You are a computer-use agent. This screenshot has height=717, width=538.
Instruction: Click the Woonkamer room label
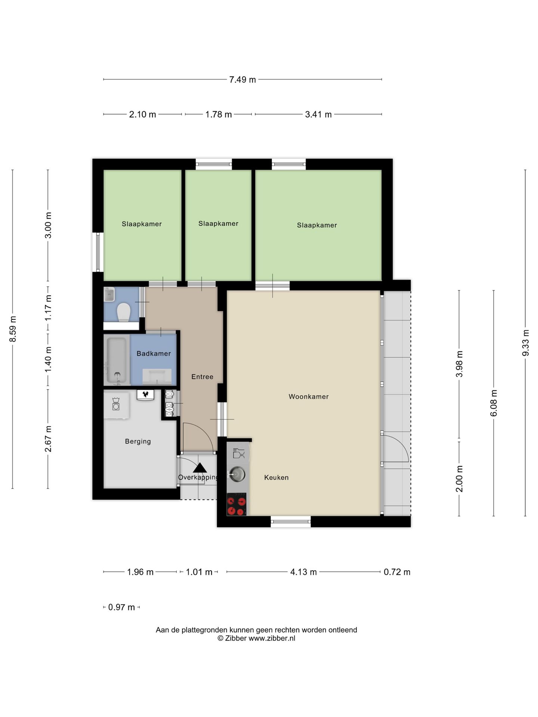[x=309, y=397]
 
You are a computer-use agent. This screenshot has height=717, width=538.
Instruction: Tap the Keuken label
[x=276, y=477]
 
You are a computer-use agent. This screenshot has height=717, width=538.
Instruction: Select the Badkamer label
[x=154, y=353]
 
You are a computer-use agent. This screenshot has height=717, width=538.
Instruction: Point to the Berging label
[x=138, y=441]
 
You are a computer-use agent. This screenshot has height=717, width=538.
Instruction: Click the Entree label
[x=202, y=377]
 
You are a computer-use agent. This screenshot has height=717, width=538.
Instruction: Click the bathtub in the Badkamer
[x=117, y=361]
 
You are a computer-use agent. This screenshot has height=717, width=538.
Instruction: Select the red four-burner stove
[x=236, y=505]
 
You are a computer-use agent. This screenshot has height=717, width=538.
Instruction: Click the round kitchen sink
[x=236, y=474]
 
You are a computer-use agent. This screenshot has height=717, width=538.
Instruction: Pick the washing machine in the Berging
[x=116, y=405]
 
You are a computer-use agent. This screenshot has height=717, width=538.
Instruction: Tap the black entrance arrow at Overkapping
[x=200, y=468]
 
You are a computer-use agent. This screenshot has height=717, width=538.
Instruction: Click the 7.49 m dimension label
[x=242, y=80]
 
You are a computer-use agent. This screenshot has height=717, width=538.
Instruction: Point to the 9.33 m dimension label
[x=526, y=343]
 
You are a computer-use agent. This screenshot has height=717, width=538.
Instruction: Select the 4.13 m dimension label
[x=303, y=572]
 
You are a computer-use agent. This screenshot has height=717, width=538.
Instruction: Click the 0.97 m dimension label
[x=121, y=607]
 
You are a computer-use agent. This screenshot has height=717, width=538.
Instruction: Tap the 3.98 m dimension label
[x=460, y=364]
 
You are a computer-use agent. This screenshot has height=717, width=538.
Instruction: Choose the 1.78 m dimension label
[x=219, y=114]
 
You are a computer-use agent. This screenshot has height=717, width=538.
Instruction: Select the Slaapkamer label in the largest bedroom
[x=317, y=225]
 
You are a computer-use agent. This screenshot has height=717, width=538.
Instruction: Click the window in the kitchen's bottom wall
[x=291, y=522]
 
